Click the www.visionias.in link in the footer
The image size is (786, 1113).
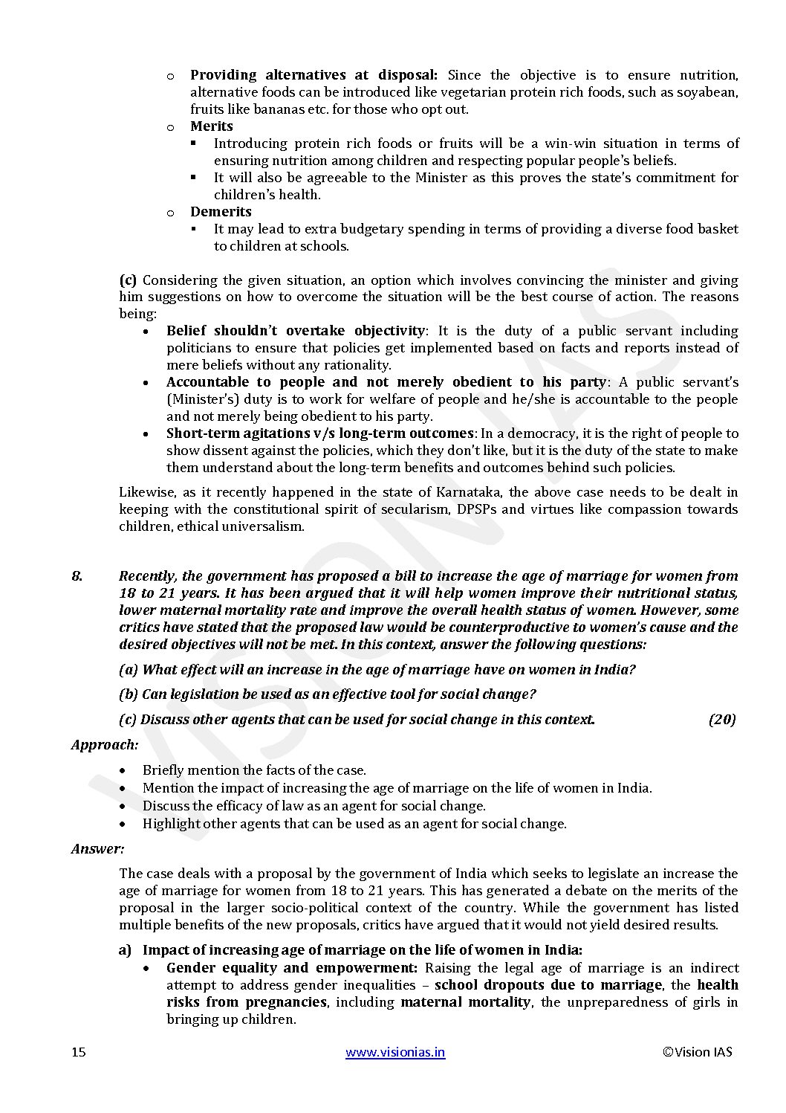point(395,1051)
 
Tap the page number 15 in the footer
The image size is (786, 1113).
point(79,1051)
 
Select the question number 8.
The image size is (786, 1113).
point(77,576)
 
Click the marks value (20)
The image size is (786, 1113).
point(721,719)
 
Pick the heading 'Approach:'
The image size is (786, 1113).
point(105,744)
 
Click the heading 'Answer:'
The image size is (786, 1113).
point(97,848)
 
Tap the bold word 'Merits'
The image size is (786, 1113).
point(212,126)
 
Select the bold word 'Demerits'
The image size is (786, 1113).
point(221,212)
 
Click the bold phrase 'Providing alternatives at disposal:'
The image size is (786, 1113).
point(314,75)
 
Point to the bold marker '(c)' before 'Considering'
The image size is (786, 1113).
point(128,280)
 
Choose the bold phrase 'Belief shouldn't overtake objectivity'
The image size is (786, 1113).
point(296,331)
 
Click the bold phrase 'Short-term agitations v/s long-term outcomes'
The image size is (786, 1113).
point(319,433)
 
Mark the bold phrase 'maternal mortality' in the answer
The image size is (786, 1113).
point(466,1002)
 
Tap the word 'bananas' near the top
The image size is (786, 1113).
point(270,109)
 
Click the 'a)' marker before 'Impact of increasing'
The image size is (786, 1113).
point(125,950)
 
